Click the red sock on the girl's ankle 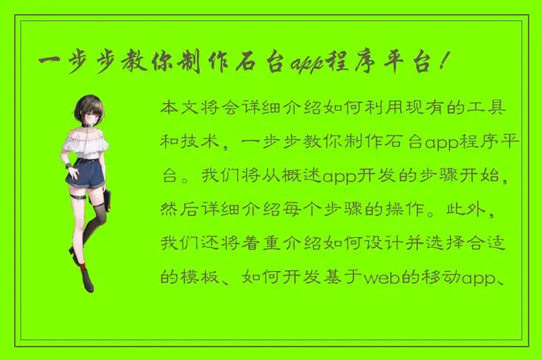click(83, 268)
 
